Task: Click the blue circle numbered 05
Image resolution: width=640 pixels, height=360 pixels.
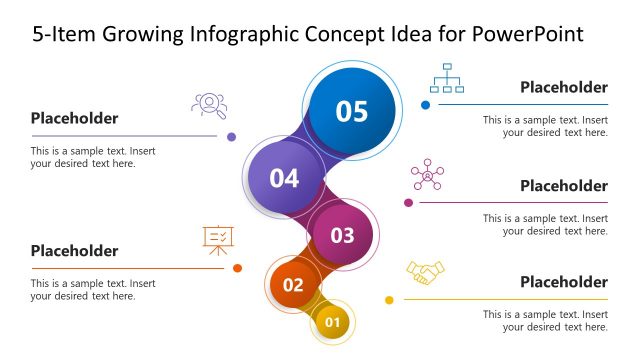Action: [351, 111]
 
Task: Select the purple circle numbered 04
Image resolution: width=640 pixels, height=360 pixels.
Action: [284, 178]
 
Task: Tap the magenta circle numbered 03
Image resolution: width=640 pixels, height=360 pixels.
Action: [342, 235]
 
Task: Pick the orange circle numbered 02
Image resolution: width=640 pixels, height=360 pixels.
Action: [293, 284]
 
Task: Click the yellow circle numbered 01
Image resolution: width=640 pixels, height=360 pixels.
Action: [333, 322]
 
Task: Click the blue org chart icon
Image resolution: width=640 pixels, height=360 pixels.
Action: [446, 78]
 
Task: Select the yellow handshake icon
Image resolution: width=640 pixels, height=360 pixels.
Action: [425, 272]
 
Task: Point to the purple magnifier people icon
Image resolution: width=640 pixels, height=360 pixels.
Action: [208, 104]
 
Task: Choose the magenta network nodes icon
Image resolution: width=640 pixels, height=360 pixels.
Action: [427, 174]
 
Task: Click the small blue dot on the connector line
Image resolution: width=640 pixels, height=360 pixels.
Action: [425, 104]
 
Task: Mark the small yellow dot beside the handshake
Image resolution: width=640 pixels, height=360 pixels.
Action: [389, 299]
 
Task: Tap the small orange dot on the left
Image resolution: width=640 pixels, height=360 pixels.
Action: [237, 268]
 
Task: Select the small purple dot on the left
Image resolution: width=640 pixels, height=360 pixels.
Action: [231, 136]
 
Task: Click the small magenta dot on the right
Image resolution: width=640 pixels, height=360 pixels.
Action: [408, 202]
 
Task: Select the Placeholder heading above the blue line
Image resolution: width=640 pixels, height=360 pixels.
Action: [563, 87]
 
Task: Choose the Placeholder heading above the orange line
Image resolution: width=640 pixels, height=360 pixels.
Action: [74, 251]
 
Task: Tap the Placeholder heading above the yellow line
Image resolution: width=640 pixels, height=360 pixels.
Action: [563, 282]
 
